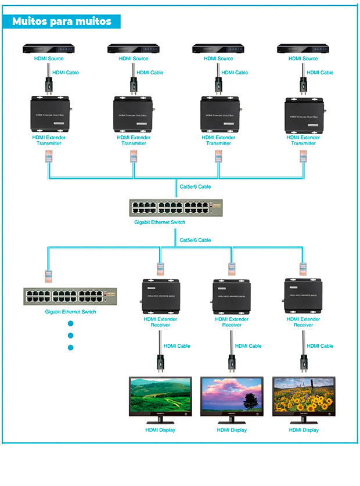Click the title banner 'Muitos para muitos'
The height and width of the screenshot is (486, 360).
62,22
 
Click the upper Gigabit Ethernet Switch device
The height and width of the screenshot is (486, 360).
176,208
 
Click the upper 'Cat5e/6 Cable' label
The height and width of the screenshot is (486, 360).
195,187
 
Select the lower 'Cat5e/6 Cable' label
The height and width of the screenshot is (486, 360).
195,240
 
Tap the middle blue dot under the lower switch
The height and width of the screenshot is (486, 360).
71,336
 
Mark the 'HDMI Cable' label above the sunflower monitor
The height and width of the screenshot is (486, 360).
319,346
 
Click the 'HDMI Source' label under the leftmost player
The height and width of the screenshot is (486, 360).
49,59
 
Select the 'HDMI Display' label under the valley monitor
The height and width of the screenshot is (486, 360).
160,430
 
